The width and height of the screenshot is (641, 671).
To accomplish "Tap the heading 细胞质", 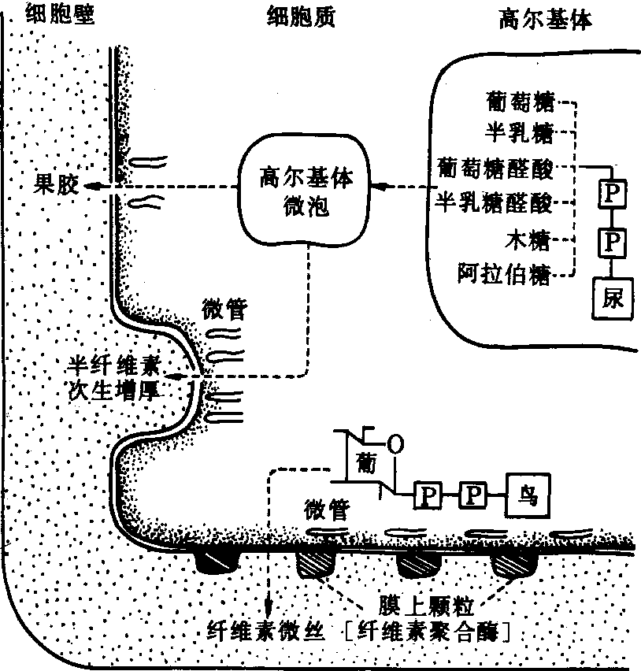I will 301,17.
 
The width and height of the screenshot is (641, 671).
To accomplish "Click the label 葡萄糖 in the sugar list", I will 521,102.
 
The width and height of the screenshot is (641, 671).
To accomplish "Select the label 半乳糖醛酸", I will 495,202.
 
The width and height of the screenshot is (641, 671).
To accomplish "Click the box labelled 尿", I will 613,298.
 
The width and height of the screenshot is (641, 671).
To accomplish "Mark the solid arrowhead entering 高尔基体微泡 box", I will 381,187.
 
